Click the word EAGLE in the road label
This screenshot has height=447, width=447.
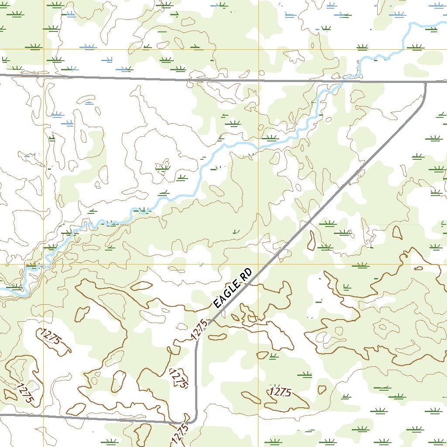[227, 295]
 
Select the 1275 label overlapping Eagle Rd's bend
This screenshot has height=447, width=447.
[199, 330]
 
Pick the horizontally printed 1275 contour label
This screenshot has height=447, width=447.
[280, 392]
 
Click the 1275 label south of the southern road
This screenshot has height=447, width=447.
[180, 434]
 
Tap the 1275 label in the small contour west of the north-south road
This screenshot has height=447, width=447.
[178, 378]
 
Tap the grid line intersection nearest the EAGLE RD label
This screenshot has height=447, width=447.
[258, 264]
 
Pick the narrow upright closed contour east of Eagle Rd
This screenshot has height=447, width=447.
[312, 241]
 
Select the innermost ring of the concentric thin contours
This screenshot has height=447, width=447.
[384, 326]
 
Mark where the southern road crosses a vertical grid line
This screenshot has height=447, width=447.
[44, 416]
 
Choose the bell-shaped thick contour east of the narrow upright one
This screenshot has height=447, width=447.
[397, 232]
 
